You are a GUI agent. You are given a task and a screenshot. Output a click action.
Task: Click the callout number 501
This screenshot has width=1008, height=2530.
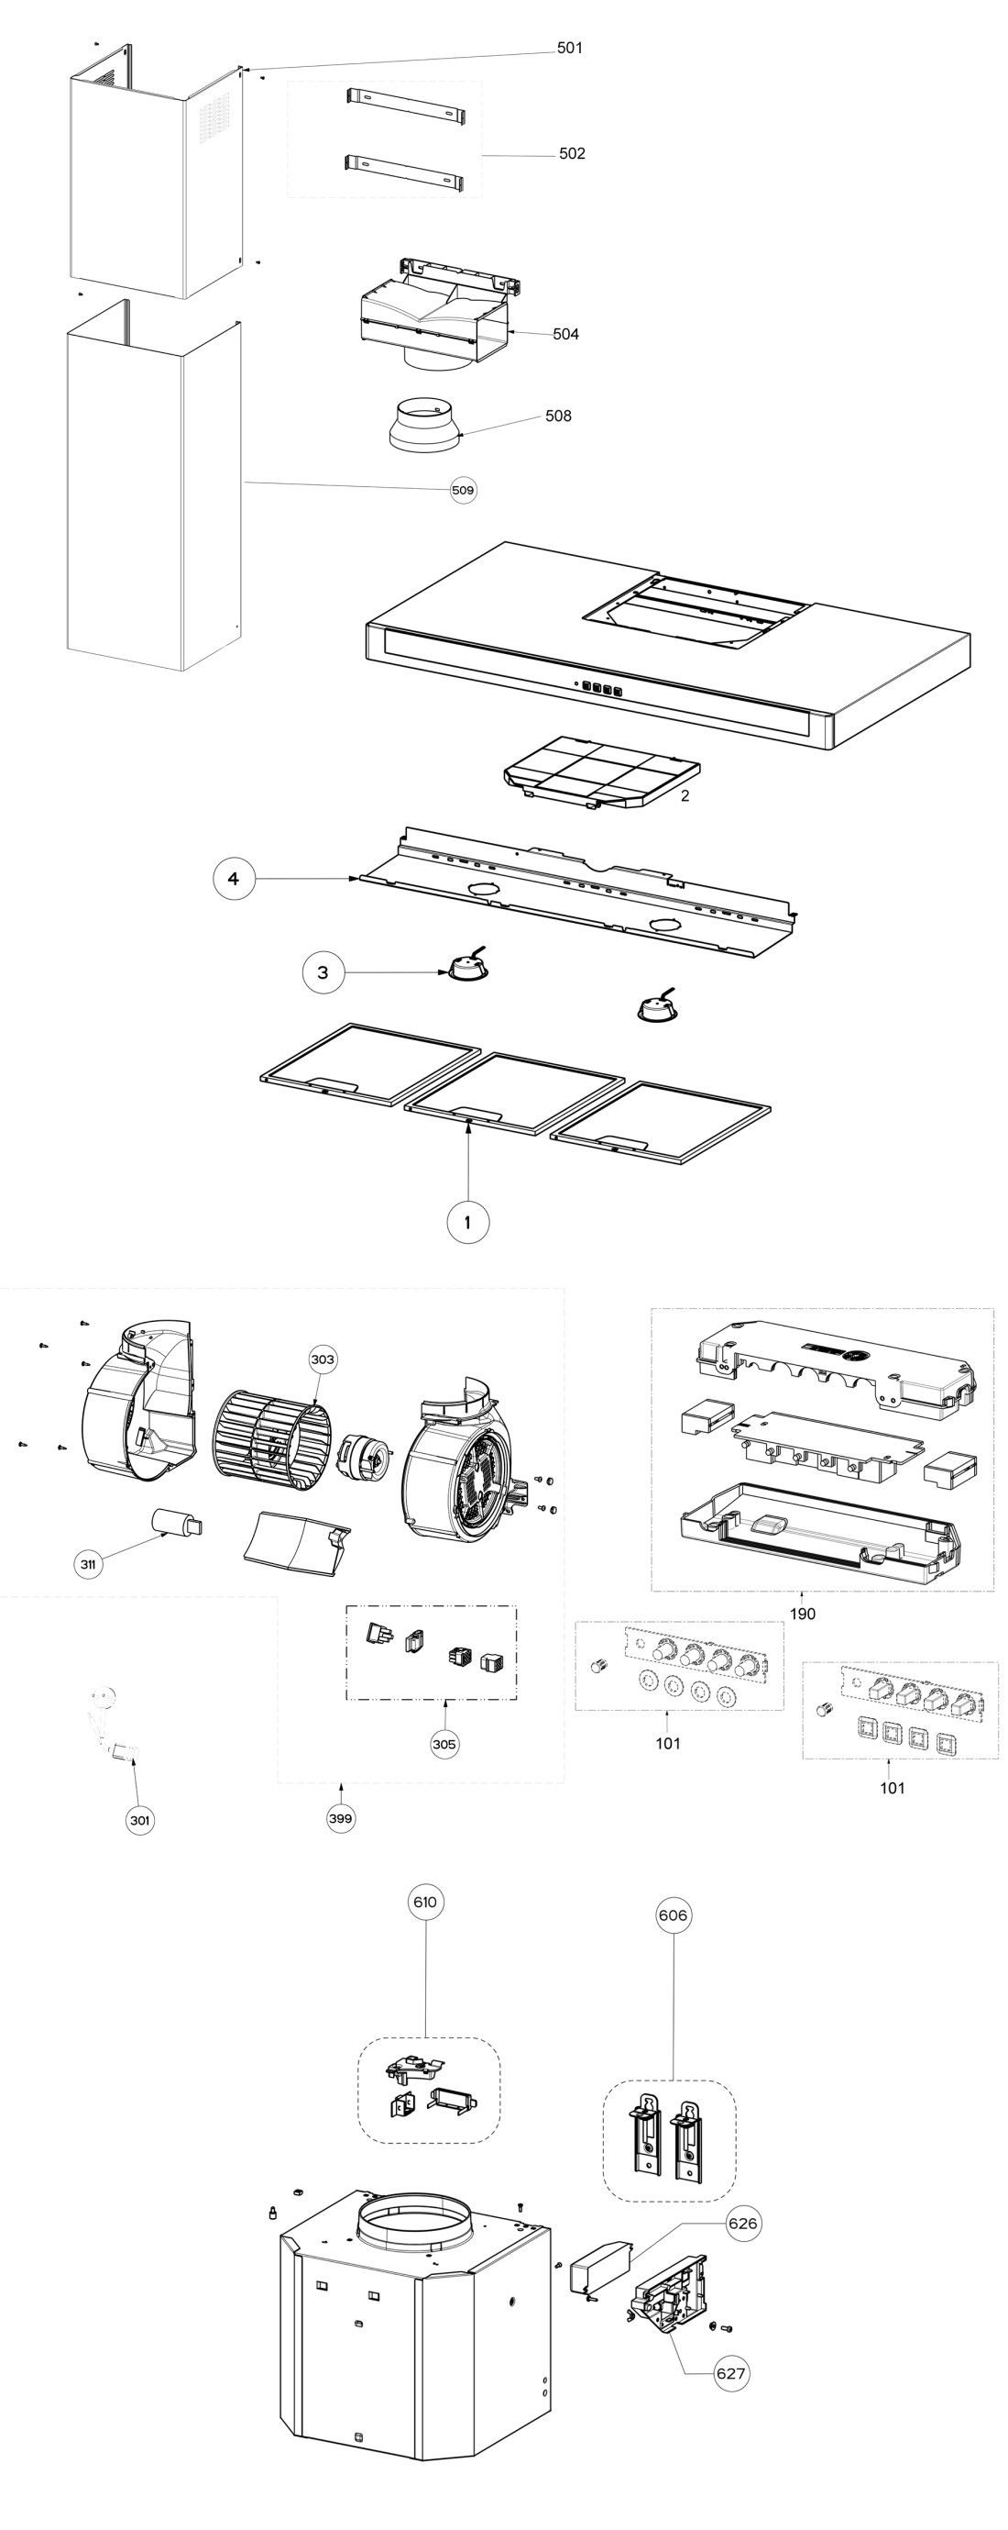(x=569, y=48)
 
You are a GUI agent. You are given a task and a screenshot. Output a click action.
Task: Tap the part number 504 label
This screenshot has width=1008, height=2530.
(x=565, y=334)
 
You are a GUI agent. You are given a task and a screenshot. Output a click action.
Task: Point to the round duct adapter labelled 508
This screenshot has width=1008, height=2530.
(x=426, y=426)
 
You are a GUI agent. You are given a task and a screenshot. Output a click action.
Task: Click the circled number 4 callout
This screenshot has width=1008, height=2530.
(x=234, y=878)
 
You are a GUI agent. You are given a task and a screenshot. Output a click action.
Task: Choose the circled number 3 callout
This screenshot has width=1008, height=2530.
(x=323, y=973)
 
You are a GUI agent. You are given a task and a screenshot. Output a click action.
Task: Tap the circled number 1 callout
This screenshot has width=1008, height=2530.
(x=467, y=1223)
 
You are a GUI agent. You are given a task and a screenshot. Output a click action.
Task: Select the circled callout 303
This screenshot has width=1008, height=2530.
(x=322, y=1359)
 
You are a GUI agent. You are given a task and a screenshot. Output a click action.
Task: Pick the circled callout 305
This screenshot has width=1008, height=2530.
(x=444, y=1744)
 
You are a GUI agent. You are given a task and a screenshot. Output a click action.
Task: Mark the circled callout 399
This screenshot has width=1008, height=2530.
(x=340, y=1818)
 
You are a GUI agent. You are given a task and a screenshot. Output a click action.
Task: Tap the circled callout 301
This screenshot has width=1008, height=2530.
(x=140, y=1820)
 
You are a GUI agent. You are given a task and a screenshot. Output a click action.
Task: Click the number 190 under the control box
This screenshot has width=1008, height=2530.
(x=802, y=1614)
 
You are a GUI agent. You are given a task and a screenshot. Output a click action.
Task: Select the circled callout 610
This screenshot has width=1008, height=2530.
(x=425, y=1902)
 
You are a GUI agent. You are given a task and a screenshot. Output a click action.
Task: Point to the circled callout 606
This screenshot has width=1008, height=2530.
(x=673, y=1914)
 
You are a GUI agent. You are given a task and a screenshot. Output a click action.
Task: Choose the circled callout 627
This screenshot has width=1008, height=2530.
(x=730, y=2373)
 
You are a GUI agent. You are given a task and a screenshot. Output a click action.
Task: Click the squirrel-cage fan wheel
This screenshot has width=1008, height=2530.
(x=272, y=1440)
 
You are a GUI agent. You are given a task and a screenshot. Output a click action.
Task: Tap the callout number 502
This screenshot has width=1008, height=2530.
(x=571, y=153)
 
